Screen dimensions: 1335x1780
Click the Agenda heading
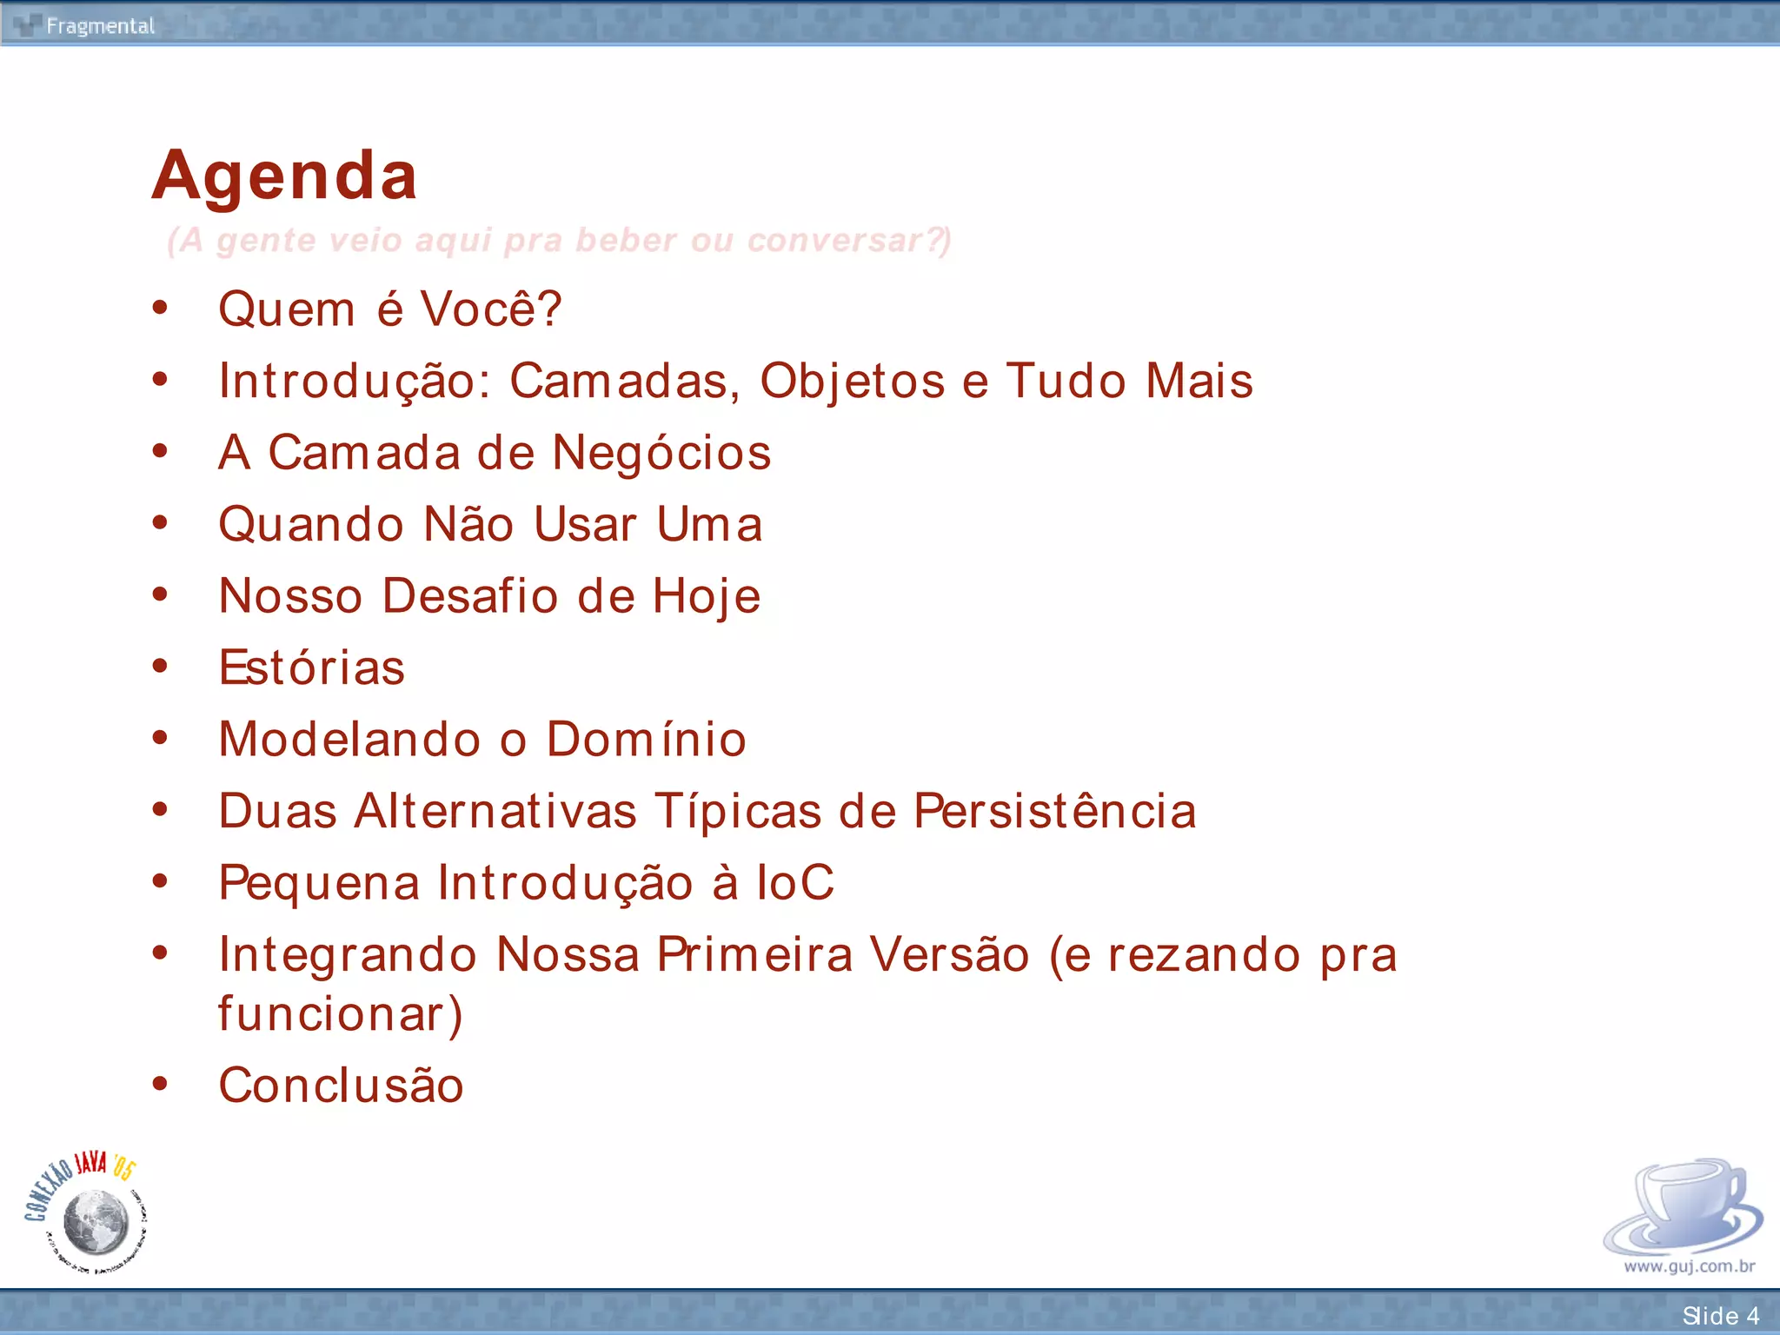coord(284,176)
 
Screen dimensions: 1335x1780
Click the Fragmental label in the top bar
coord(100,26)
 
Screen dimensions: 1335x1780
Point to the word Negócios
coord(661,453)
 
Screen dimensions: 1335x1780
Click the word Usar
coord(585,525)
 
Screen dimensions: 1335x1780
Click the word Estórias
coord(311,667)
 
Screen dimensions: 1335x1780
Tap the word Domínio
coord(646,740)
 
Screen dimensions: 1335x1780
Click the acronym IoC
coord(794,883)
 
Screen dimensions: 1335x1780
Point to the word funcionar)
coord(340,1014)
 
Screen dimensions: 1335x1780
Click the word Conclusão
coord(341,1086)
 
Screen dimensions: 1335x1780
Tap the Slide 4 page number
coord(1720,1316)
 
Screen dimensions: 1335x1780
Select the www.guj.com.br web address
coord(1689,1266)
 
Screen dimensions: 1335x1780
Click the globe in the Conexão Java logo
coord(96,1221)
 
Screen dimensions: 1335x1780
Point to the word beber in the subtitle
coord(626,241)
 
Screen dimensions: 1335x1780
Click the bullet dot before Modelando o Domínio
coord(160,739)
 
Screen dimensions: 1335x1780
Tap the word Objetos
coord(852,382)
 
